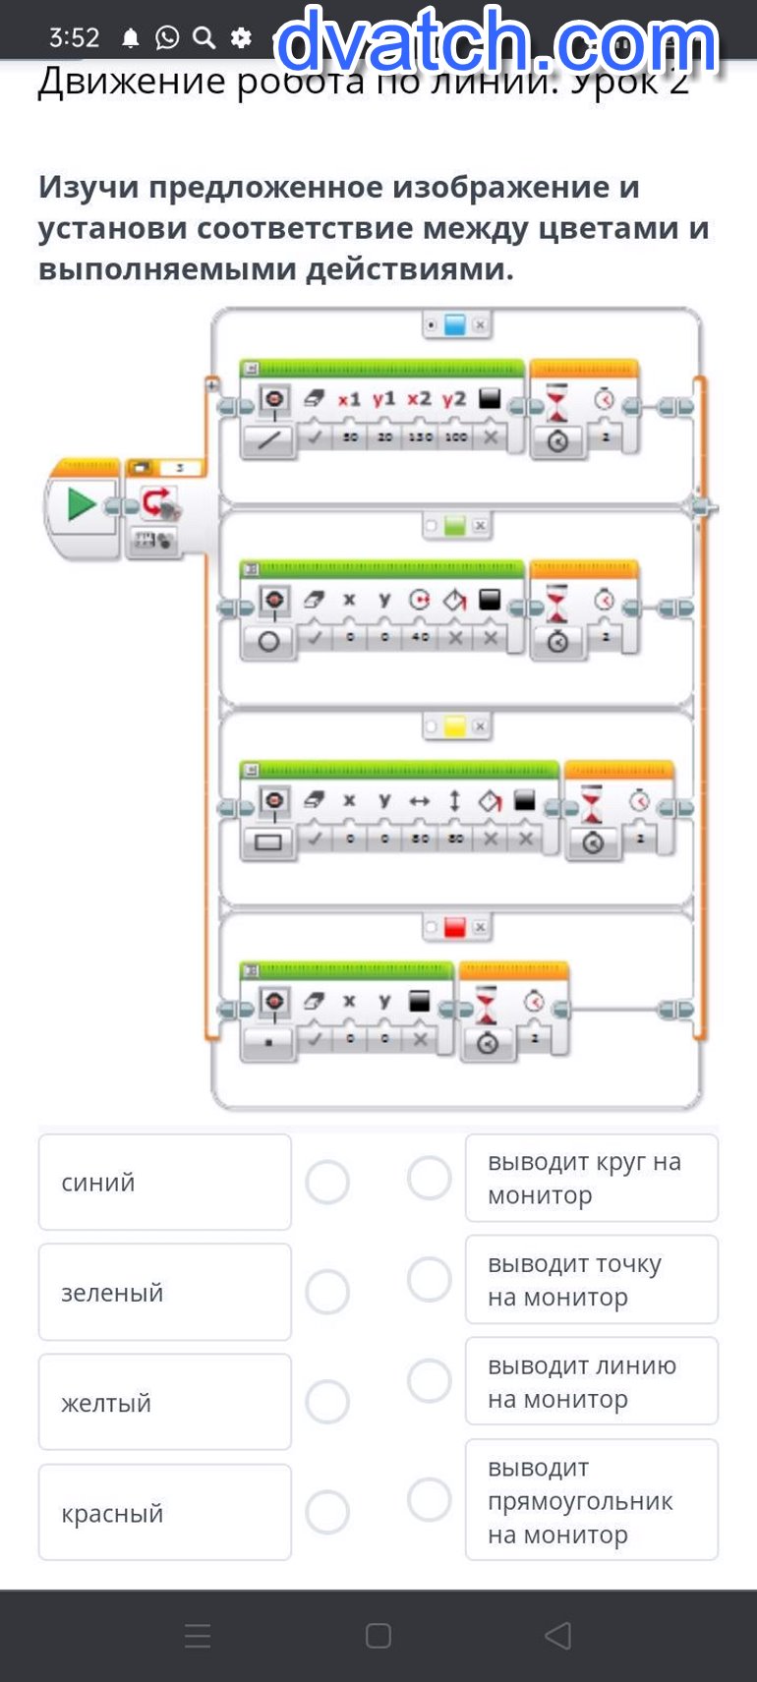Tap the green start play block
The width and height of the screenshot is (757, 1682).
pyautogui.click(x=82, y=505)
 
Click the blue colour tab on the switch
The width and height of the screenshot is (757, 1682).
pyautogui.click(x=454, y=324)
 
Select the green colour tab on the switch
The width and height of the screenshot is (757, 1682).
pyautogui.click(x=454, y=526)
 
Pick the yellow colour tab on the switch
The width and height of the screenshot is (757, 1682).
pyautogui.click(x=454, y=726)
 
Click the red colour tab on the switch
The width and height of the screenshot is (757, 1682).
pyautogui.click(x=454, y=927)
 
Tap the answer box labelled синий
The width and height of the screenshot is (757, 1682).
pyautogui.click(x=164, y=1182)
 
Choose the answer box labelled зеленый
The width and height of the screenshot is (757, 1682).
pyautogui.click(x=164, y=1292)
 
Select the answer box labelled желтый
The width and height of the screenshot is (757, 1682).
pyautogui.click(x=164, y=1402)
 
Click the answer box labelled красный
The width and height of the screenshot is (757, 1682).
pyautogui.click(x=164, y=1512)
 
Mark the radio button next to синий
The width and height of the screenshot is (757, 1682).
pyautogui.click(x=327, y=1182)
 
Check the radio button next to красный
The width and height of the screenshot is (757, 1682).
pyautogui.click(x=327, y=1512)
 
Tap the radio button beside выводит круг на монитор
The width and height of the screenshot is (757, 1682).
pyautogui.click(x=430, y=1178)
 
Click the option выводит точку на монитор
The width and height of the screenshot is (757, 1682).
pyautogui.click(x=591, y=1279)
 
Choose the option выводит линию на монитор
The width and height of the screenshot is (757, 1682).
pyautogui.click(x=591, y=1381)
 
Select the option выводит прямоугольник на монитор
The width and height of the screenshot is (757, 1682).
pyautogui.click(x=591, y=1500)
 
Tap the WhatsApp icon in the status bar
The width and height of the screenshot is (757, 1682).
pyautogui.click(x=168, y=37)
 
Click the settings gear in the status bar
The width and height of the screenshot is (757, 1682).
pyautogui.click(x=241, y=37)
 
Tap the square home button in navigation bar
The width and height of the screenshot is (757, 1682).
pyautogui.click(x=378, y=1636)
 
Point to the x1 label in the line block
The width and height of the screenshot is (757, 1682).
pyautogui.click(x=349, y=399)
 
